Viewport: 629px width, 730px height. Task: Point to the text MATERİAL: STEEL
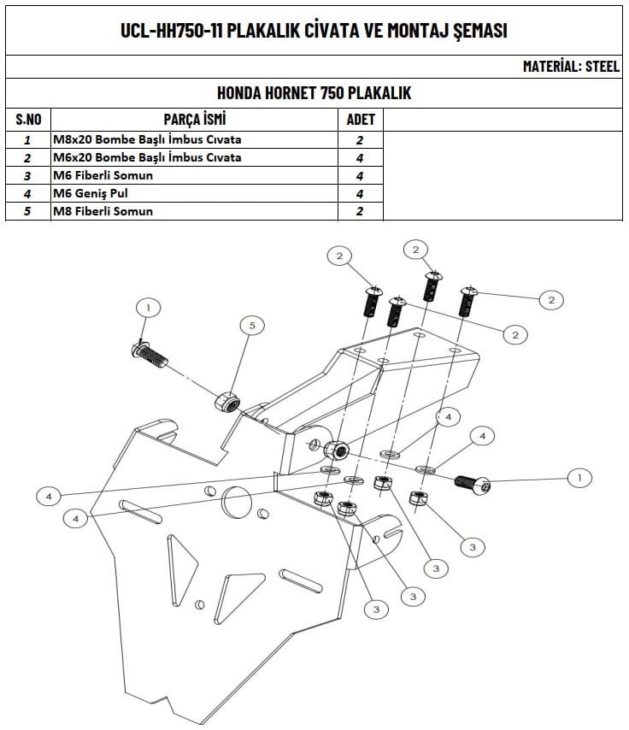tap(571, 67)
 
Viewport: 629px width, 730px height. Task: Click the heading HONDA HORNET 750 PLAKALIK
tap(314, 93)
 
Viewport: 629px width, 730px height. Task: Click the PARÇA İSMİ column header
tap(195, 120)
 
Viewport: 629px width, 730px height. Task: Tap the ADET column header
tap(360, 120)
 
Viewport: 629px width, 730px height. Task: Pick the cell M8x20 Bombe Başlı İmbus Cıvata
tap(147, 139)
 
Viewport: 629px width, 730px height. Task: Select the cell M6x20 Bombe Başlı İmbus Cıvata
tap(147, 157)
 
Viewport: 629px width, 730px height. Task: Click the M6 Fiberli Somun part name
tap(103, 175)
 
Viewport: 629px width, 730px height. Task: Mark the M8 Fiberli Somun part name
tap(103, 211)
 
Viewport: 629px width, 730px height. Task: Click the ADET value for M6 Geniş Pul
tap(360, 193)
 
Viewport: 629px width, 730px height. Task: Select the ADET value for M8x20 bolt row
tap(360, 139)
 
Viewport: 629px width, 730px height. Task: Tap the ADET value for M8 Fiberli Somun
tap(360, 211)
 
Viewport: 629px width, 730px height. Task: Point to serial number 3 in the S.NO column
tap(28, 175)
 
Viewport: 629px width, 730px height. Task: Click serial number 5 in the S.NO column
tap(28, 211)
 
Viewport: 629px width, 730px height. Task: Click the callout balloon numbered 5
tap(251, 325)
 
